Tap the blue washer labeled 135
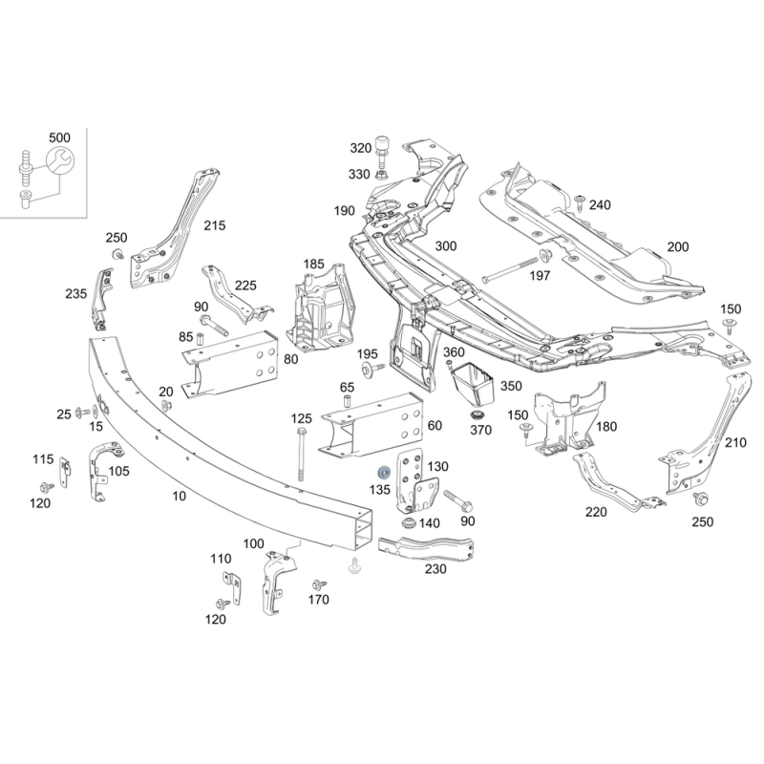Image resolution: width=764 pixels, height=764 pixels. tap(385, 473)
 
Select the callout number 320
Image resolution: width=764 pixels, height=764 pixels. tap(361, 148)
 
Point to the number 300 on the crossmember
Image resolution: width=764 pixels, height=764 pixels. tap(446, 246)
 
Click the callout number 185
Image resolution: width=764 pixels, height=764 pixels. tap(313, 265)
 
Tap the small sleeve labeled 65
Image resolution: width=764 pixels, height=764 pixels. tap(348, 402)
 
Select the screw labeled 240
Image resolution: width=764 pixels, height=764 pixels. tap(580, 203)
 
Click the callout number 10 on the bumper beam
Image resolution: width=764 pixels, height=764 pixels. tap(180, 496)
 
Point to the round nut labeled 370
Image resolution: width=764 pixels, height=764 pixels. tap(475, 417)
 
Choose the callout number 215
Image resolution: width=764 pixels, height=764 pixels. tap(215, 225)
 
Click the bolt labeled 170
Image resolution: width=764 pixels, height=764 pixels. tap(320, 584)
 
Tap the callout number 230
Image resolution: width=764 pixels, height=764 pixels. tap(435, 569)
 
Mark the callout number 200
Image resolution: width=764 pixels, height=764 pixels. tap(678, 247)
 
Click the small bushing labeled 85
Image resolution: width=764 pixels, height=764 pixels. tap(200, 338)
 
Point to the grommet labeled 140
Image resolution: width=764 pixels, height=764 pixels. tap(408, 524)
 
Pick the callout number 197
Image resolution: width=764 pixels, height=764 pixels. tap(540, 276)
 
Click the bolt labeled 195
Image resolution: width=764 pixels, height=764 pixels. tap(372, 369)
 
